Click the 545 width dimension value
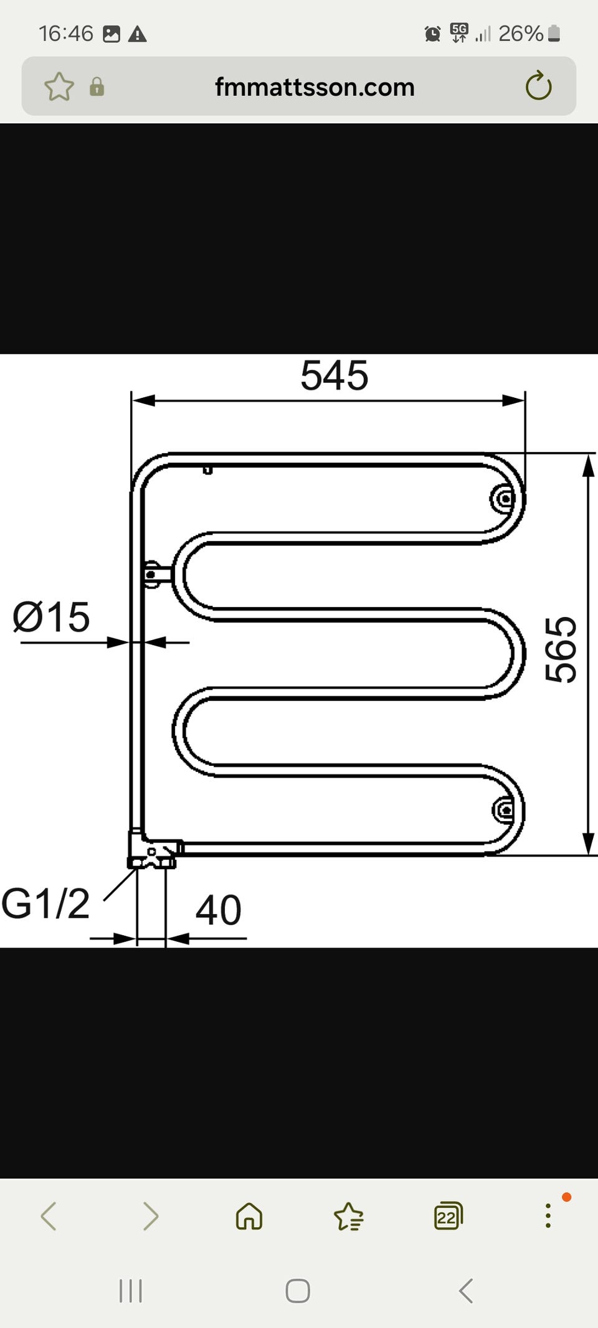pos(335,375)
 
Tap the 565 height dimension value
pos(561,649)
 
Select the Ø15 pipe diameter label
pos(51,617)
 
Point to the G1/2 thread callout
pos(45,903)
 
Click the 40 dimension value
pos(218,910)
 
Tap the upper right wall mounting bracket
pos(504,498)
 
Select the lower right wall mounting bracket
pos(505,809)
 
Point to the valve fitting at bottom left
pos(154,849)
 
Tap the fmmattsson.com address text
pos(315,87)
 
